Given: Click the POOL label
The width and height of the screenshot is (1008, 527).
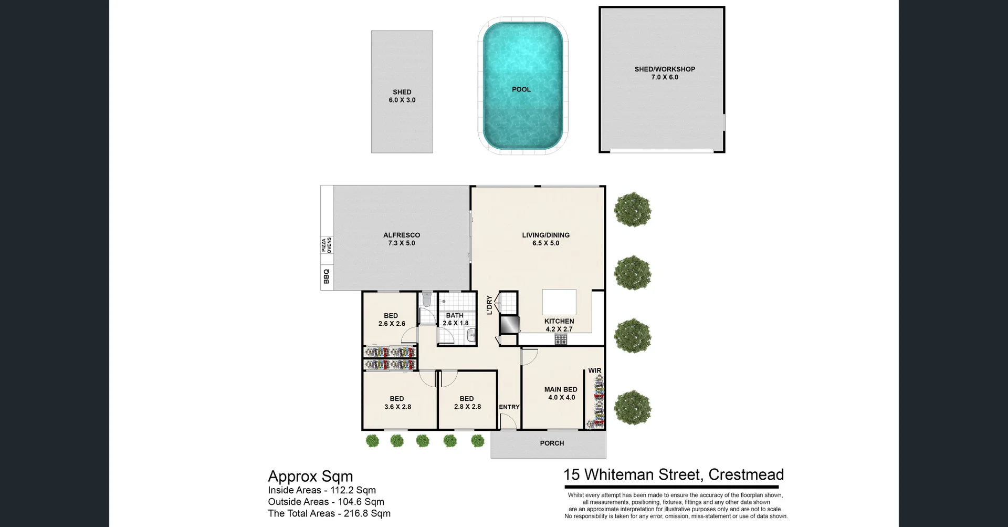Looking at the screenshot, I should click(x=521, y=89).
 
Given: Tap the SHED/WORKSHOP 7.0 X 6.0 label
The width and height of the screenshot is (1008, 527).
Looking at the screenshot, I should click(x=664, y=73).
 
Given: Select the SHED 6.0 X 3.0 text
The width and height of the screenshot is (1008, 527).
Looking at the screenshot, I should click(x=402, y=96).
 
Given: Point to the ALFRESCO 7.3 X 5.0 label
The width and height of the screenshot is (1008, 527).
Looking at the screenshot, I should click(x=401, y=239).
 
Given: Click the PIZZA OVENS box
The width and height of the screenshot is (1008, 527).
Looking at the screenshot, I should click(x=327, y=245).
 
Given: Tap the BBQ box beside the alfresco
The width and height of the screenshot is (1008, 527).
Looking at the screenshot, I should click(x=327, y=276).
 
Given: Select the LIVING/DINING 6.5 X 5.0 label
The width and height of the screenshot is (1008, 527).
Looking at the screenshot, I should click(x=545, y=239).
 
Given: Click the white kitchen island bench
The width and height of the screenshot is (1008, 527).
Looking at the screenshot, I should click(x=559, y=302).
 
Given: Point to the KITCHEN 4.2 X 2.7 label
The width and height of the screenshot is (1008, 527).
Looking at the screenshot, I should click(x=559, y=325).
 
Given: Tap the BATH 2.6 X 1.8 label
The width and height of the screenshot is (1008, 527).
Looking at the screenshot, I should click(x=455, y=319).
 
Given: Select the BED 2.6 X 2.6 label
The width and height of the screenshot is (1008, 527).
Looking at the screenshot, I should click(x=391, y=319).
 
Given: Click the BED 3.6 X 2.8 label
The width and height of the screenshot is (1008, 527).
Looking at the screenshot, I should click(x=397, y=402).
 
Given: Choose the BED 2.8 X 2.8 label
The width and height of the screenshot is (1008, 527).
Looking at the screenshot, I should click(x=467, y=402).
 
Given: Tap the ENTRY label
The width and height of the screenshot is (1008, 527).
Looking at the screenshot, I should click(x=509, y=407).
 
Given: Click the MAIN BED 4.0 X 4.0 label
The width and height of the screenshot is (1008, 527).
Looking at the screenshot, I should click(x=561, y=393).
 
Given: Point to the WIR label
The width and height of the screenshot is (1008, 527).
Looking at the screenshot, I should click(x=594, y=370).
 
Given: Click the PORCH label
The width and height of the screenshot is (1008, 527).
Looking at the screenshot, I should click(x=552, y=443).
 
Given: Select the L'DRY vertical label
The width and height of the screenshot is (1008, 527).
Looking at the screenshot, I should click(x=489, y=305).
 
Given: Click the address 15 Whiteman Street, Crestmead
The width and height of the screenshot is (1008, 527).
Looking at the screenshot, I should click(x=673, y=474).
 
